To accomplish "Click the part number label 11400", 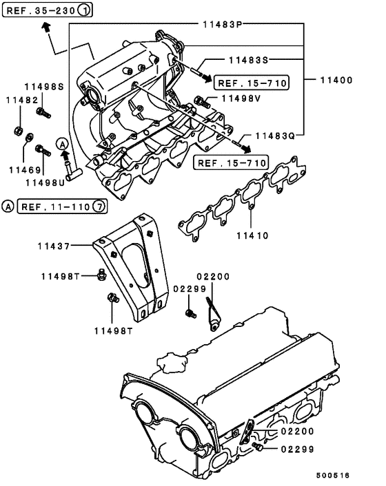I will (336, 81).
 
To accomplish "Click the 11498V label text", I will (241, 99).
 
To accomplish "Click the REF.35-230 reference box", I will (41, 10).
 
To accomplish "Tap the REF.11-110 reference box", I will (54, 207).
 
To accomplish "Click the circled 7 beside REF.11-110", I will (99, 207).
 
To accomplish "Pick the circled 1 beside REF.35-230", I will (82, 10).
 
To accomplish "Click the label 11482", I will (21, 101).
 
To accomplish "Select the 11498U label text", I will (45, 182).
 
